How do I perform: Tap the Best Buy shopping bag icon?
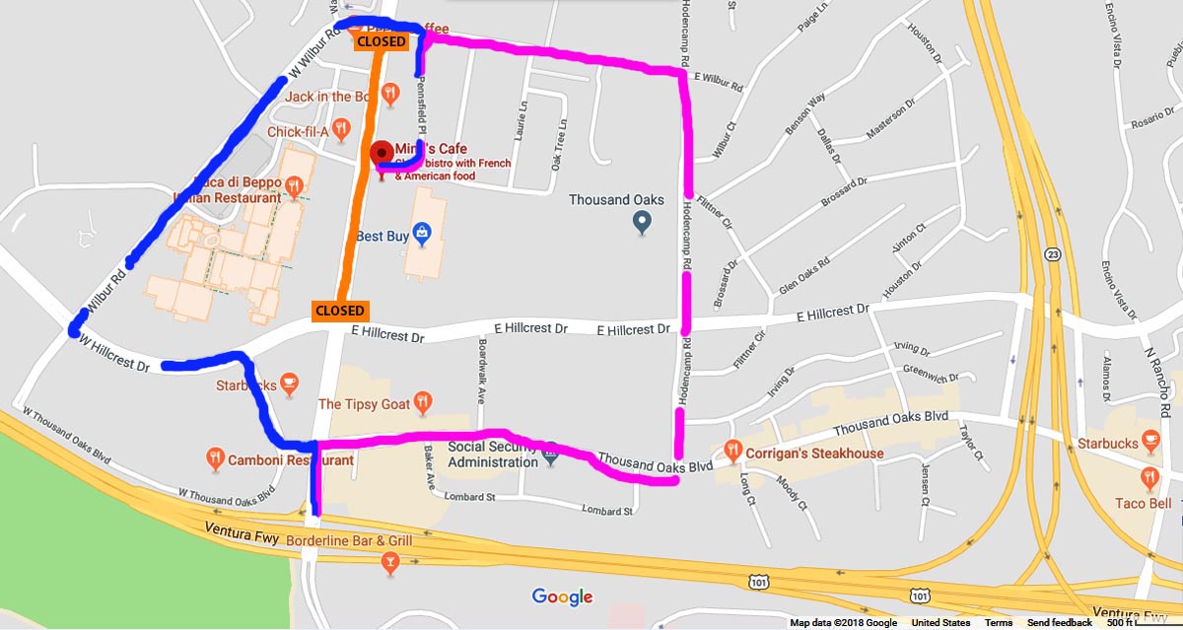(422, 234)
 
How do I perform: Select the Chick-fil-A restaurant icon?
(341, 127)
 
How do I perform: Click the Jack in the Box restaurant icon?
(391, 95)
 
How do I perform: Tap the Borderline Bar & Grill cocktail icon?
(391, 563)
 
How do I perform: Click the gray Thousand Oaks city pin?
(643, 224)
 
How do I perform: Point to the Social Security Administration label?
(492, 453)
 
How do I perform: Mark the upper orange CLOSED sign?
(381, 41)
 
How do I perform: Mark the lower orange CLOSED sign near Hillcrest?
(340, 311)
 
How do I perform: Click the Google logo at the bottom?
(562, 596)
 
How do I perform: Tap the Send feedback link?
(1059, 623)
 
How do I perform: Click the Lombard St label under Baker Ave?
(469, 498)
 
